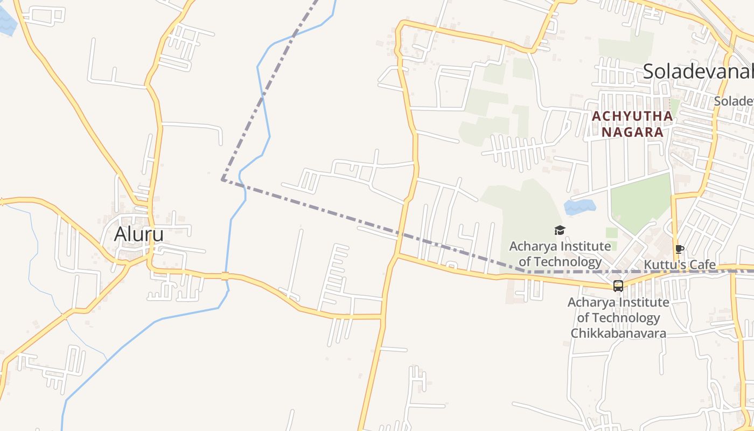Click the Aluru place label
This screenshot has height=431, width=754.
[x=139, y=234]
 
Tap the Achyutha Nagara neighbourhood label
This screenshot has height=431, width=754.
[x=632, y=124]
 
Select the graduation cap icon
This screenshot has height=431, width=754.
[x=560, y=231]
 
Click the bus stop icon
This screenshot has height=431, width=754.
[x=618, y=286]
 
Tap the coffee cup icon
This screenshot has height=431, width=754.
[x=679, y=249]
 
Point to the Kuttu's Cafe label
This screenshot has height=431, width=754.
[x=680, y=265]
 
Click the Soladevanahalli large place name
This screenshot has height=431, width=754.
[x=698, y=71]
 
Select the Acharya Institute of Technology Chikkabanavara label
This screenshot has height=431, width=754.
[x=618, y=318]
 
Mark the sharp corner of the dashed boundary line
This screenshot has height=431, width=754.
[x=222, y=180]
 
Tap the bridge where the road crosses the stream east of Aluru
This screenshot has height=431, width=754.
[x=225, y=276]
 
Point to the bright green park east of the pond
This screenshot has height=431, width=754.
[x=640, y=199]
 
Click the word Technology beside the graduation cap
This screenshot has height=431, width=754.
[x=568, y=262]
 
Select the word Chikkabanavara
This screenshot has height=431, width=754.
[x=618, y=333]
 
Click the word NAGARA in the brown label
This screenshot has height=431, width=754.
[x=632, y=132]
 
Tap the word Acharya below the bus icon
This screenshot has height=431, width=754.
[x=591, y=302]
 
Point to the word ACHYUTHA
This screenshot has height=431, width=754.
[x=632, y=116]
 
